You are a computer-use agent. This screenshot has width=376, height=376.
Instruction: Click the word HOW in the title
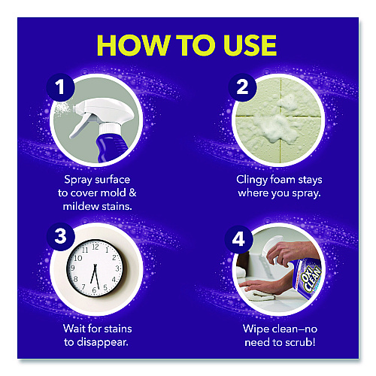(x=134, y=45)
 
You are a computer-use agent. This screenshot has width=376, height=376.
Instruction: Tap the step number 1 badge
(x=60, y=87)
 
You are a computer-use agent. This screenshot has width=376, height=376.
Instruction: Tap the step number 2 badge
(x=242, y=87)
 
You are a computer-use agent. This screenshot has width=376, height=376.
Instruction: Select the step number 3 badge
(x=61, y=236)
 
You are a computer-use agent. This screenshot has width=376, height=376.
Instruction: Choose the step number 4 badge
(x=238, y=239)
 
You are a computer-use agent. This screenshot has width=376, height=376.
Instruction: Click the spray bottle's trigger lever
(x=80, y=126)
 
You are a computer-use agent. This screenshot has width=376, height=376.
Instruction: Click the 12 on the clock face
(x=96, y=247)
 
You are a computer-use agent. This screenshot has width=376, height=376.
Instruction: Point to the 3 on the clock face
(x=117, y=268)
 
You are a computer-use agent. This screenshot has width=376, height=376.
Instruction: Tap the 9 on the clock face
(x=73, y=268)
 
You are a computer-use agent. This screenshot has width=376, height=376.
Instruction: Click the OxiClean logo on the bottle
(x=311, y=279)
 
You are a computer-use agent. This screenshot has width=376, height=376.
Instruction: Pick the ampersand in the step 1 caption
(x=132, y=193)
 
